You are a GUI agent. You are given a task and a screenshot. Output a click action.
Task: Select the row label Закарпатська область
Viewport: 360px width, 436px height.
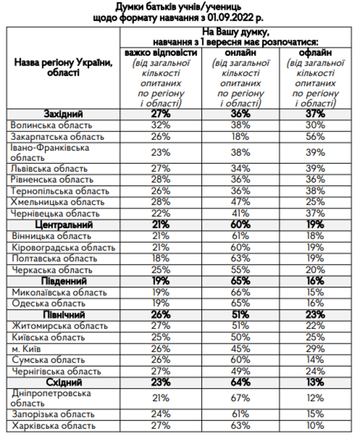tap(57, 137)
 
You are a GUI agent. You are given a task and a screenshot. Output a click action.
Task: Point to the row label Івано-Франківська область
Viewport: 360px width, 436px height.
tap(50, 153)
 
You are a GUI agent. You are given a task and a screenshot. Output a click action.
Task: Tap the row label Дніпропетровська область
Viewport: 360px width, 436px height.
tap(51, 398)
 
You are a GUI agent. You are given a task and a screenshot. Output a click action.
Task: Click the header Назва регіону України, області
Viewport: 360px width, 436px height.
tap(63, 66)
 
